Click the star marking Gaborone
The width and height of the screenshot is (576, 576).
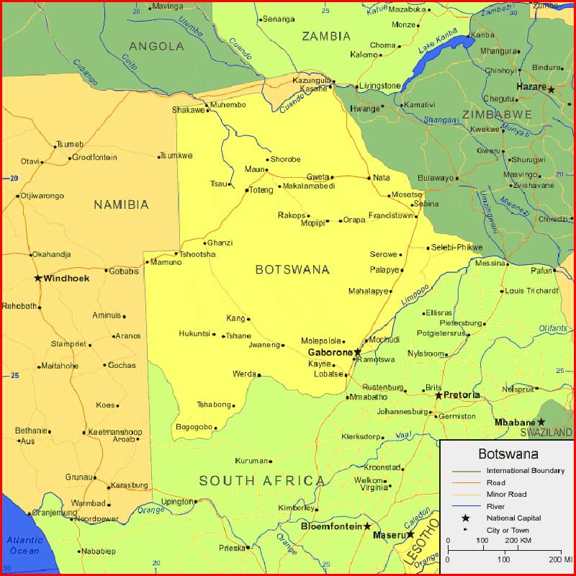tap(358, 352)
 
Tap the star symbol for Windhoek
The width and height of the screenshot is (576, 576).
tap(38, 278)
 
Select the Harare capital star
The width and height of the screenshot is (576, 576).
tap(551, 89)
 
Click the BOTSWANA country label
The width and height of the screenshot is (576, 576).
tap(292, 269)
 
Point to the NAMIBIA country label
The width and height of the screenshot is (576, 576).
tap(121, 204)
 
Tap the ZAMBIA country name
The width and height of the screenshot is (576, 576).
tap(326, 36)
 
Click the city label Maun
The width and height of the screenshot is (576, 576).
tap(254, 170)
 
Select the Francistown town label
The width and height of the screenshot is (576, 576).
tap(390, 215)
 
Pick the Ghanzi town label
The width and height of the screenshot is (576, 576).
tap(220, 243)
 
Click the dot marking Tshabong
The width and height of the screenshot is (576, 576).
tap(234, 405)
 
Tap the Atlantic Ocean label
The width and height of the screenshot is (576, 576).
tap(25, 545)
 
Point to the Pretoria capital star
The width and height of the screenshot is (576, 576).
tap(438, 395)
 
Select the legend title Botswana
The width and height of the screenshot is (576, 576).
tap(508, 454)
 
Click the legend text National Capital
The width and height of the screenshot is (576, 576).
tap(513, 518)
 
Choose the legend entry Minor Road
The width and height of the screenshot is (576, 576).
tap(506, 494)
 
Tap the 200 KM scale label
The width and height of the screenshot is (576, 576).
tap(518, 540)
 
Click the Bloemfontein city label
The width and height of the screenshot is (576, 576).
tap(331, 526)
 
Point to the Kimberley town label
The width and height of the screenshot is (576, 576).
tap(296, 508)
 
